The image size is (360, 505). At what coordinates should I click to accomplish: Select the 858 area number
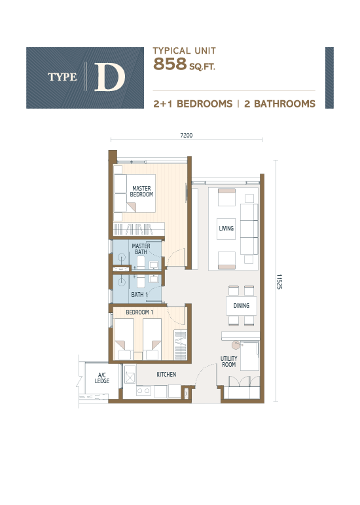coord(167,64)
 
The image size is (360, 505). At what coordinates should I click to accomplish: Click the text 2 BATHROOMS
coord(281,103)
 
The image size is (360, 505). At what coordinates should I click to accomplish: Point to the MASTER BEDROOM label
coord(141,191)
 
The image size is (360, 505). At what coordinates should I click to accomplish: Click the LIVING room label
coord(226,229)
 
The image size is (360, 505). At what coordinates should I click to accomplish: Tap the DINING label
coord(241,306)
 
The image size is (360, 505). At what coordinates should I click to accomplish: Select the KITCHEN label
coord(166,374)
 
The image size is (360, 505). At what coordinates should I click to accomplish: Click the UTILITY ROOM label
coord(228,362)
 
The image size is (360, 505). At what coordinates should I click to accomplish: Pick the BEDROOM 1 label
coord(139,312)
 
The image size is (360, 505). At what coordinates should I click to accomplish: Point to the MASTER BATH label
coord(141,250)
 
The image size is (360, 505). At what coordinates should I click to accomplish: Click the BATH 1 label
coord(139,295)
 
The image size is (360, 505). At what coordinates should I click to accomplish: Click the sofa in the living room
coord(249,229)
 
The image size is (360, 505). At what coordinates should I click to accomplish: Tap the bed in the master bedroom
coord(134,193)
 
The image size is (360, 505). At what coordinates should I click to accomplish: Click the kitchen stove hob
coord(145,392)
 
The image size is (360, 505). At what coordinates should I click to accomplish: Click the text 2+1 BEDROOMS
coord(193,103)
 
